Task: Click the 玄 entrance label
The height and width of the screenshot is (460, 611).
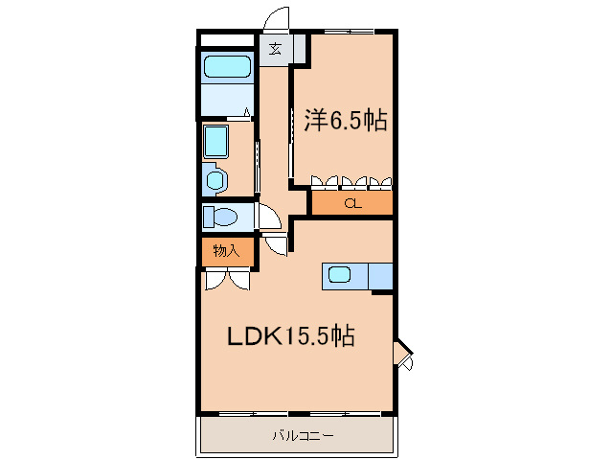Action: pos(275,50)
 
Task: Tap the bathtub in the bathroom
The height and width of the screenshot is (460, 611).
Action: pos(227,68)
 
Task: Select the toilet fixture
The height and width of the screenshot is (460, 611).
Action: pos(222,216)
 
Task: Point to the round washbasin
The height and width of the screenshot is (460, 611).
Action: pos(215,178)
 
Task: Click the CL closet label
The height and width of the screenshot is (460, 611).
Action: pos(351,203)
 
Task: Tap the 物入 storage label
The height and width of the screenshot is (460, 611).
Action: pos(226,251)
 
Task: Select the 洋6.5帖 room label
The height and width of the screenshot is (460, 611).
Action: pos(346,121)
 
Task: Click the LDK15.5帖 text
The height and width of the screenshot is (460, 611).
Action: pos(290,336)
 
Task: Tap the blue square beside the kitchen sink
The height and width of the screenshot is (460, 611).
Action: pos(380,276)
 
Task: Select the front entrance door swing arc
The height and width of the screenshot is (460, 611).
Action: pos(277,19)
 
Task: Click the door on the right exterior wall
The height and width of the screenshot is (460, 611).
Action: pos(404,355)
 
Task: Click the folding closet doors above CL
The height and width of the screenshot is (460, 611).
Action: pos(351,180)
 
